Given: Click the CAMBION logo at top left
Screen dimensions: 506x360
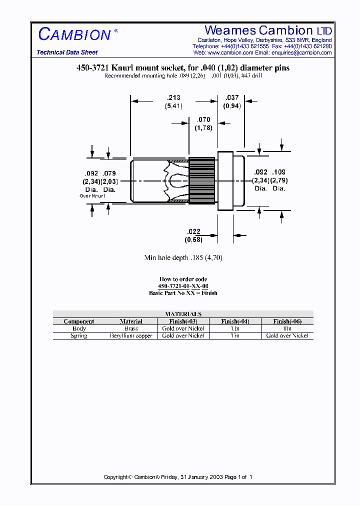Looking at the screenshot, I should click(74, 34).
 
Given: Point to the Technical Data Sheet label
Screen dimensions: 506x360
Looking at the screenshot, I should click(67, 52).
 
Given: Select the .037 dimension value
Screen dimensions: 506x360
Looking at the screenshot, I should click(232, 98).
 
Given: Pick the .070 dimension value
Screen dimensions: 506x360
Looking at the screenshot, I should click(203, 120).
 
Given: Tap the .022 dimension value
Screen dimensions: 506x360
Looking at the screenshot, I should click(193, 231).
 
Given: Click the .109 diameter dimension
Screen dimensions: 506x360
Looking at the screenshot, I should click(279, 172).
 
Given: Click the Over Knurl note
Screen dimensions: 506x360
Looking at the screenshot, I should click(92, 196).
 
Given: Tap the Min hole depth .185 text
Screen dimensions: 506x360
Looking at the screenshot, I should click(183, 258).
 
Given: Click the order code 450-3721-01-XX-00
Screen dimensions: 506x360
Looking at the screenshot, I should click(183, 286).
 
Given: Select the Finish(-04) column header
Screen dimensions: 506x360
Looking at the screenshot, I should click(235, 321).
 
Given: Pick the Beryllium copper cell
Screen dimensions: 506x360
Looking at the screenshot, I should click(131, 336).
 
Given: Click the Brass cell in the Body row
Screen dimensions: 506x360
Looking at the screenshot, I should click(131, 328).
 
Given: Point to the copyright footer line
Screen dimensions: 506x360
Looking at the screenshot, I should click(178, 477).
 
